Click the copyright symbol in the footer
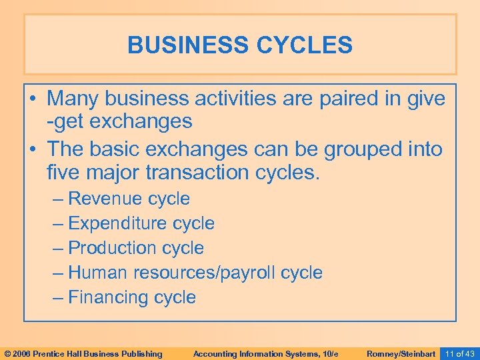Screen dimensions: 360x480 pos(7,353)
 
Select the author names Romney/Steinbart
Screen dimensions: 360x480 pos(401,353)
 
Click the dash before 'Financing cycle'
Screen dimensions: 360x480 pos(59,297)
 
